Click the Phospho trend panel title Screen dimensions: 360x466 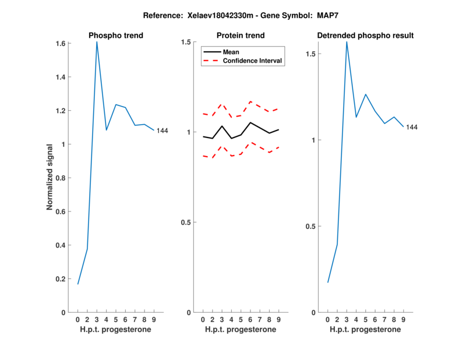[x=115, y=36]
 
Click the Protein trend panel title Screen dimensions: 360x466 [x=241, y=36]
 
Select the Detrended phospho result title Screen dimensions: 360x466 [x=365, y=36]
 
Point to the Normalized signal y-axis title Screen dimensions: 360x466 [x=51, y=177]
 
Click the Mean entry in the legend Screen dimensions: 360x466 [x=231, y=52]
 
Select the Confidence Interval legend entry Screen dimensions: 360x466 [x=253, y=61]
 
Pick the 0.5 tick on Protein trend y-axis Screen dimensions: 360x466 [x=186, y=223]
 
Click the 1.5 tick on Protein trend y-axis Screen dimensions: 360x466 [x=186, y=42]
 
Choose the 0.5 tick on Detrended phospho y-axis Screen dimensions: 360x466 [x=311, y=227]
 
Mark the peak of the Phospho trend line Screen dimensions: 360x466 [x=97, y=42]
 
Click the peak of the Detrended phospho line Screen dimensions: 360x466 [x=347, y=41]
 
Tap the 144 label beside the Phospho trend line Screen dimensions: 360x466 [x=162, y=130]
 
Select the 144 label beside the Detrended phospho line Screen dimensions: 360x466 [x=412, y=127]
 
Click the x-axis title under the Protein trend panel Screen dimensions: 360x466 [x=241, y=329]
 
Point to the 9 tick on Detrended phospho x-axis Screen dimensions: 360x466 [x=403, y=319]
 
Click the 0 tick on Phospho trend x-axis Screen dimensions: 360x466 [x=77, y=319]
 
